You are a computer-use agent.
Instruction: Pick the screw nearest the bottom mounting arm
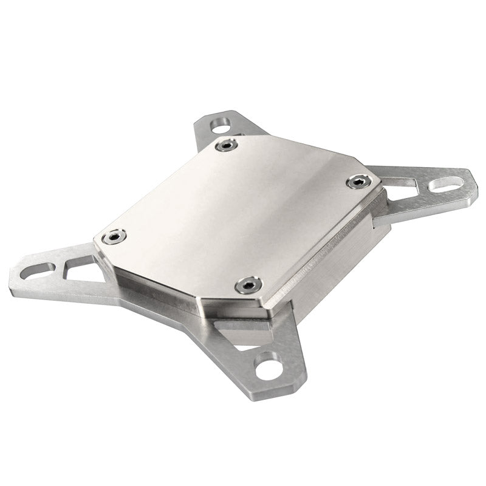coord(247,282)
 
